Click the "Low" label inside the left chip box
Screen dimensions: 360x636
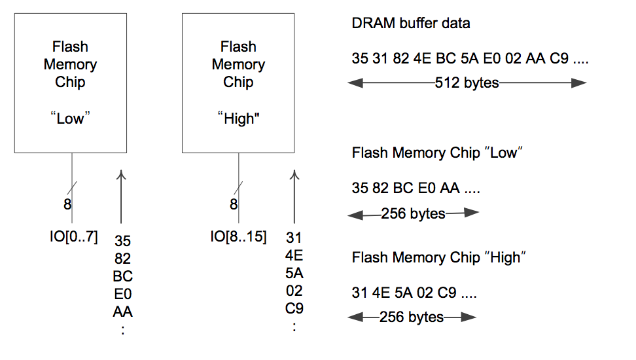[x=71, y=118]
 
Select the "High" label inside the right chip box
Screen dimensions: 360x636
[x=238, y=118]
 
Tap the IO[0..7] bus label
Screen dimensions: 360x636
[x=71, y=237]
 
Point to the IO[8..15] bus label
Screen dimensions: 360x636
[x=238, y=237]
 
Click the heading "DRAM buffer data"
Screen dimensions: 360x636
[x=411, y=24]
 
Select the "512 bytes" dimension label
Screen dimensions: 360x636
[x=467, y=83]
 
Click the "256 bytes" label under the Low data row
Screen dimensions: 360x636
[x=413, y=213]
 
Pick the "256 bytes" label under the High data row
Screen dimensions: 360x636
[x=412, y=317]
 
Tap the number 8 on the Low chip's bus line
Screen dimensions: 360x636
[x=67, y=204]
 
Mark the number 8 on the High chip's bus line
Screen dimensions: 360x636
[x=234, y=204]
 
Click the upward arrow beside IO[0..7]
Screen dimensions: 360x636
[x=122, y=196]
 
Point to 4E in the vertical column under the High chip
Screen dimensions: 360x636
[x=294, y=255]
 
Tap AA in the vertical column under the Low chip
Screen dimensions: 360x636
[x=122, y=312]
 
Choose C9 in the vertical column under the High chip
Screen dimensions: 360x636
[x=294, y=308]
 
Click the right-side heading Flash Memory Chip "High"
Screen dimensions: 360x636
[x=439, y=258]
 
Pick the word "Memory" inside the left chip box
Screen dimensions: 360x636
[x=71, y=65]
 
